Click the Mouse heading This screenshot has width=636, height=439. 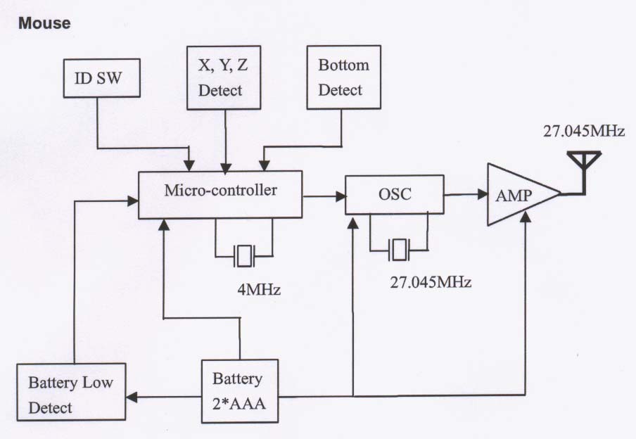(45, 24)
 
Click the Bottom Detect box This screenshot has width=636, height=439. (343, 77)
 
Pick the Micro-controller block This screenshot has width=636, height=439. (220, 193)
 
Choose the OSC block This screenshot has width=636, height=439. (394, 196)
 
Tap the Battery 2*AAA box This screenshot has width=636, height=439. (239, 390)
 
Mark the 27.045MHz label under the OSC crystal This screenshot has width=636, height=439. (431, 283)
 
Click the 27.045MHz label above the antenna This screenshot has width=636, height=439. (584, 132)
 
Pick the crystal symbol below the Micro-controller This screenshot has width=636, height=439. (244, 255)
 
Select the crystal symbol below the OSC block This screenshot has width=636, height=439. (400, 248)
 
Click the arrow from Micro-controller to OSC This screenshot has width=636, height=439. (324, 197)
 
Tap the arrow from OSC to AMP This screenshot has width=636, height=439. (465, 193)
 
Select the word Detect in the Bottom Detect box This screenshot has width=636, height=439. (341, 90)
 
